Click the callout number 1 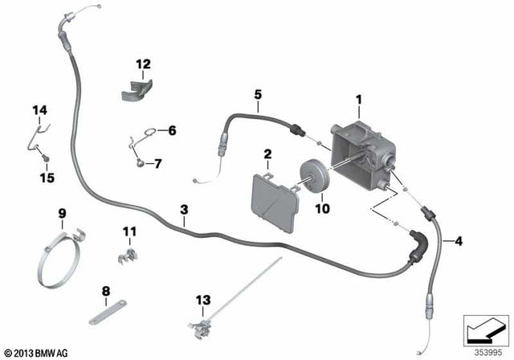[359, 100]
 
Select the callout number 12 [143, 64]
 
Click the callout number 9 [62, 214]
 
